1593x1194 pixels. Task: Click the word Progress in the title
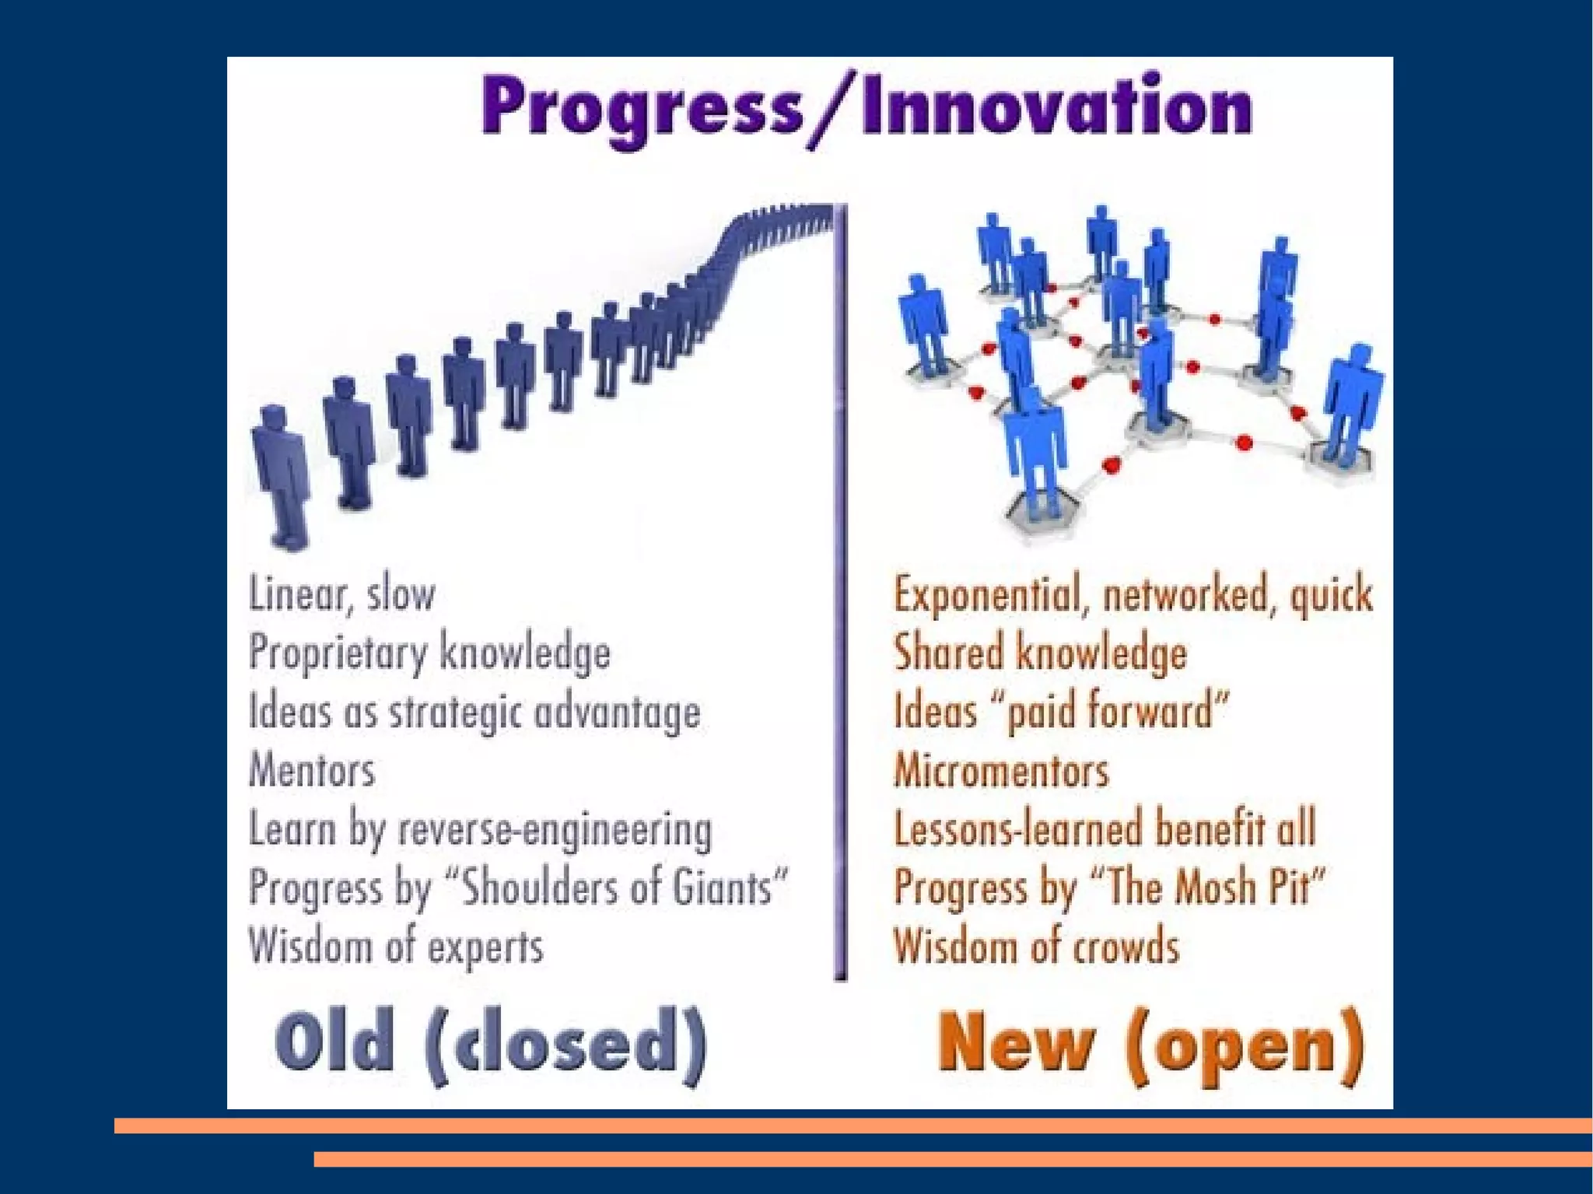point(642,109)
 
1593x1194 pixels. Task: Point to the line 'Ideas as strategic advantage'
point(474,712)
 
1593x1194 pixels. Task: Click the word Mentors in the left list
point(312,771)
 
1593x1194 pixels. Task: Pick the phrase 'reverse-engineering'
point(555,830)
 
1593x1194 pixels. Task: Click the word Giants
point(722,888)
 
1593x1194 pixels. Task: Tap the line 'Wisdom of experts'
point(396,947)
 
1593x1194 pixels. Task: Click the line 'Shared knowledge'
point(1040,653)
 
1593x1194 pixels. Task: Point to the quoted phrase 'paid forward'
point(1117,712)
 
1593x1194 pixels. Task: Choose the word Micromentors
point(1001,771)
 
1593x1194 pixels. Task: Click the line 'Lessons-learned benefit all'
point(1105,828)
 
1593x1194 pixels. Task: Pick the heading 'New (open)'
point(1150,1044)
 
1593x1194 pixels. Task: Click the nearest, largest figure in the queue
point(280,474)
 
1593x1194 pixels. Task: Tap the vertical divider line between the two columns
point(841,591)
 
